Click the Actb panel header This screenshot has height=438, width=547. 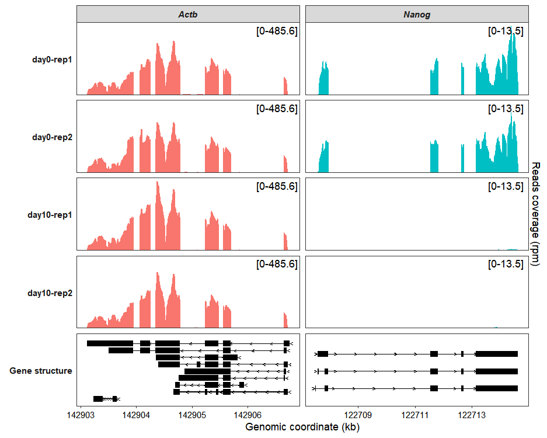(x=187, y=14)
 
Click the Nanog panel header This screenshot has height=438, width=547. (x=417, y=14)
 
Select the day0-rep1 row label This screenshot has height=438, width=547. (x=53, y=60)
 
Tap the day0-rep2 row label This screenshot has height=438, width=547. (x=53, y=137)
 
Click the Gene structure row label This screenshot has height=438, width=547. (x=41, y=370)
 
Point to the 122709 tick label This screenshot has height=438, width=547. (x=358, y=415)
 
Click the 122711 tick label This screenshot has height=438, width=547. (x=415, y=415)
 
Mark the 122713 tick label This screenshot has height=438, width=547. (x=472, y=415)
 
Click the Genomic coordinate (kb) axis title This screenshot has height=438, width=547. (x=302, y=427)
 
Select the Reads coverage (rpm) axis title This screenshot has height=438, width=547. (x=536, y=215)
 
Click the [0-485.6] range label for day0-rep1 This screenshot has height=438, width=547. (x=277, y=32)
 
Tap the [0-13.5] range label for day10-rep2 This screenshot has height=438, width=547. (x=506, y=265)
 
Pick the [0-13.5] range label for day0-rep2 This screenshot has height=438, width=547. (x=506, y=109)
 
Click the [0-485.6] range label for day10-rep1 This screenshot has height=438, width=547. (x=277, y=187)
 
